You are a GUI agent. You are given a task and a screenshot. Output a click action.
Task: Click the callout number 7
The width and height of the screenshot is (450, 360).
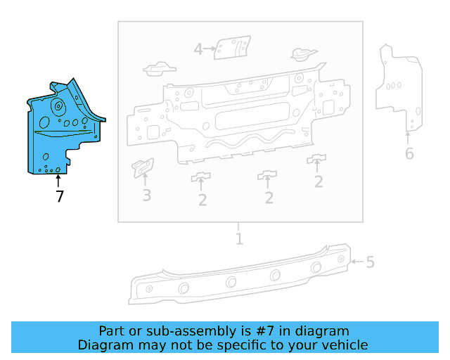pyautogui.click(x=60, y=197)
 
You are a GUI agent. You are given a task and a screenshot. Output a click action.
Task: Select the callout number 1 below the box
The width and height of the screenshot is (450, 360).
pyautogui.click(x=239, y=239)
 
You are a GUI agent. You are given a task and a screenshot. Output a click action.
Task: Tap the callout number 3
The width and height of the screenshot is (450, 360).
pyautogui.click(x=146, y=195)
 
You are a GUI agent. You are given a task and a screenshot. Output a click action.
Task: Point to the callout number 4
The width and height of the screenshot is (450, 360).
pyautogui.click(x=198, y=49)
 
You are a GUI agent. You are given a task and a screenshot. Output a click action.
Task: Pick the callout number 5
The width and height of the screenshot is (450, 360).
pyautogui.click(x=370, y=262)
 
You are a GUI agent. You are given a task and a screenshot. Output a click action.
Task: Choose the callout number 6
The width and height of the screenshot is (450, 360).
pyautogui.click(x=409, y=153)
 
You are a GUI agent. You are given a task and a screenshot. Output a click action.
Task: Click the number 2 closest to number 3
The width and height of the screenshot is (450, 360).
pyautogui.click(x=202, y=199)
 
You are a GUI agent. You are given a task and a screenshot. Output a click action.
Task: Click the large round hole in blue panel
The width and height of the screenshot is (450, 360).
pyautogui.click(x=58, y=108)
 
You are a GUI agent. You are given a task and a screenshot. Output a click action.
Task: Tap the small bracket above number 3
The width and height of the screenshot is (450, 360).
pyautogui.click(x=143, y=167)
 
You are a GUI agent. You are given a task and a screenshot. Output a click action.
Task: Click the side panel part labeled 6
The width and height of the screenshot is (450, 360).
pyautogui.click(x=399, y=88)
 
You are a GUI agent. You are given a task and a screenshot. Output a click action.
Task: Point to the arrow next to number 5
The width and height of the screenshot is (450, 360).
pyautogui.click(x=356, y=262)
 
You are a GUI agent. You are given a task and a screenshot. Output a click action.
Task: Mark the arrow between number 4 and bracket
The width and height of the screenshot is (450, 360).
pyautogui.click(x=210, y=49)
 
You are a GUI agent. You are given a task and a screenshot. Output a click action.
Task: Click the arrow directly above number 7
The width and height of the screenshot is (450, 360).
pyautogui.click(x=59, y=181)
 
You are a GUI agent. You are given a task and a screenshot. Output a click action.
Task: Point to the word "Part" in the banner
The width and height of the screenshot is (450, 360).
pyautogui.click(x=112, y=331)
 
